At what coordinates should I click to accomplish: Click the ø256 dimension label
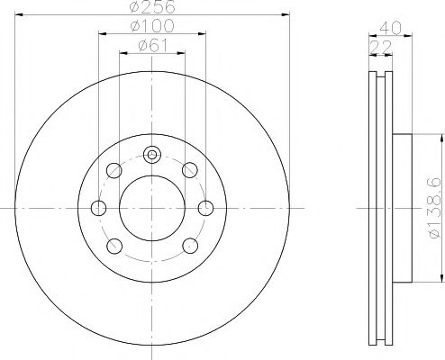(152, 6)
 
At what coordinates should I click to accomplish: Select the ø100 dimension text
(152, 26)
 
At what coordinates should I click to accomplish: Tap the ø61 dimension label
(152, 46)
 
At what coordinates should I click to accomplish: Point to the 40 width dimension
(390, 29)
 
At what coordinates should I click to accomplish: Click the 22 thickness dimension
(380, 48)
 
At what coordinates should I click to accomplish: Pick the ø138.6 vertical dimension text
(436, 208)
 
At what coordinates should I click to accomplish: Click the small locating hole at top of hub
(152, 155)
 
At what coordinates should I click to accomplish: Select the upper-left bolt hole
(114, 170)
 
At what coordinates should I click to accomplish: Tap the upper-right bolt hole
(190, 170)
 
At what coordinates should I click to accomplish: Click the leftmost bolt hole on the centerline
(98, 208)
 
